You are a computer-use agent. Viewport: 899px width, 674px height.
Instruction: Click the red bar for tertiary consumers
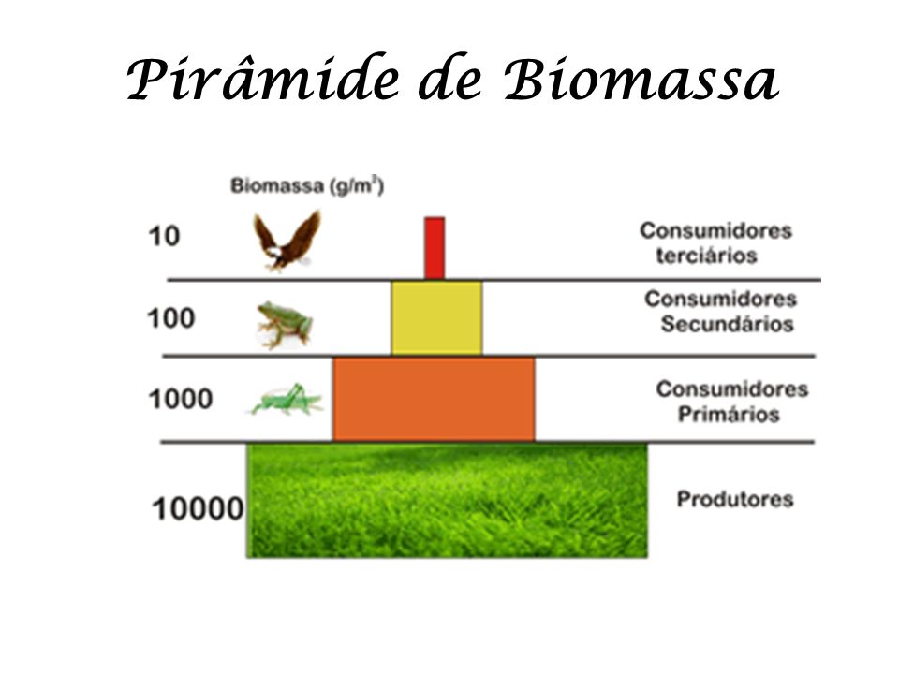(435, 248)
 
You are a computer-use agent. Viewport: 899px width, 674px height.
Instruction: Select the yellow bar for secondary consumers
(437, 317)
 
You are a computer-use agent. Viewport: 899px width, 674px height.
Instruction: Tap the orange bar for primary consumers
(434, 399)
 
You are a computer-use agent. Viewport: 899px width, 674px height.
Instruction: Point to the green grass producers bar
(448, 500)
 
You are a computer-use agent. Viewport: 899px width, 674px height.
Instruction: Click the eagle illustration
(287, 241)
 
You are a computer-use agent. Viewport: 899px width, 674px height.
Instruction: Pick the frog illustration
(285, 325)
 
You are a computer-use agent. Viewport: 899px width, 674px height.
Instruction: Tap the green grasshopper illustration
(287, 399)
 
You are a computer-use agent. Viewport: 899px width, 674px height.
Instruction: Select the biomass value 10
(164, 236)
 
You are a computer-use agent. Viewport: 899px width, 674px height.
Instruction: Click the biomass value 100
(171, 318)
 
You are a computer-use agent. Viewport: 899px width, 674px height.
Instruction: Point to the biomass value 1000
(181, 399)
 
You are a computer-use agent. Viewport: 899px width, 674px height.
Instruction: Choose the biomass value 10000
(198, 509)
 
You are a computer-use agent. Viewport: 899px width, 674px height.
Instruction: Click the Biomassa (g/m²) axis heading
(307, 185)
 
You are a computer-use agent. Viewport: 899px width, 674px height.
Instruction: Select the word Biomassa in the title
(641, 79)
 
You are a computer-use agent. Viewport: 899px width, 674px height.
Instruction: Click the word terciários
(706, 256)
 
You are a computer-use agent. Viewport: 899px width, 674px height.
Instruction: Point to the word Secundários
(727, 325)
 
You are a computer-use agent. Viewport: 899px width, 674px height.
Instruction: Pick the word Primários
(729, 415)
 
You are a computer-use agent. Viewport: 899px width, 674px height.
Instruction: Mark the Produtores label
(735, 499)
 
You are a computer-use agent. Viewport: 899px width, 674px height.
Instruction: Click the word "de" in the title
(451, 81)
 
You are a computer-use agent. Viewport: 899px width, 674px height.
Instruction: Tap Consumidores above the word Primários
(732, 389)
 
